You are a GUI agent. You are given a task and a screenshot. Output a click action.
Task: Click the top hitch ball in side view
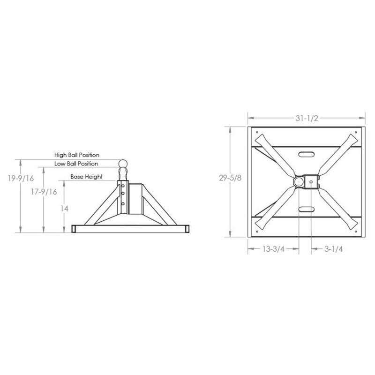123,164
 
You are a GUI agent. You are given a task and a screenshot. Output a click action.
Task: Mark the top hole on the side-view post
123,184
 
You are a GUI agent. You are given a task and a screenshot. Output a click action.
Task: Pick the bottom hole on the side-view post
123,204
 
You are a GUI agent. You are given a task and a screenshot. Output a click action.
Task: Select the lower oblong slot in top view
305,209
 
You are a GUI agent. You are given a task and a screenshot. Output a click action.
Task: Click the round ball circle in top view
299,181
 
